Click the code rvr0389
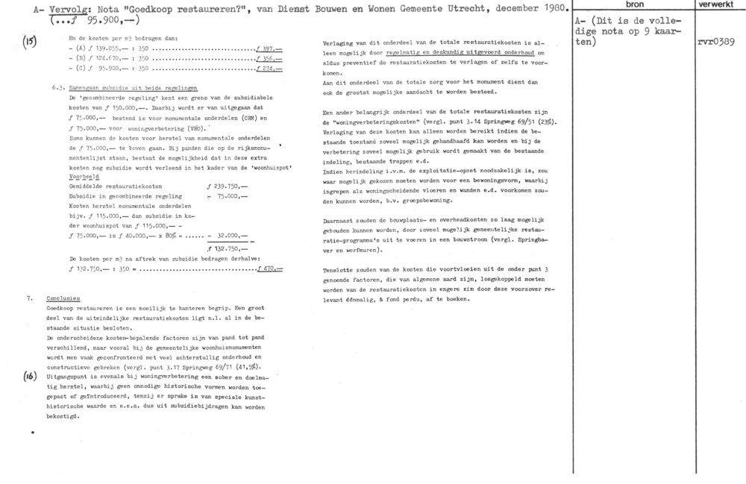[715, 42]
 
